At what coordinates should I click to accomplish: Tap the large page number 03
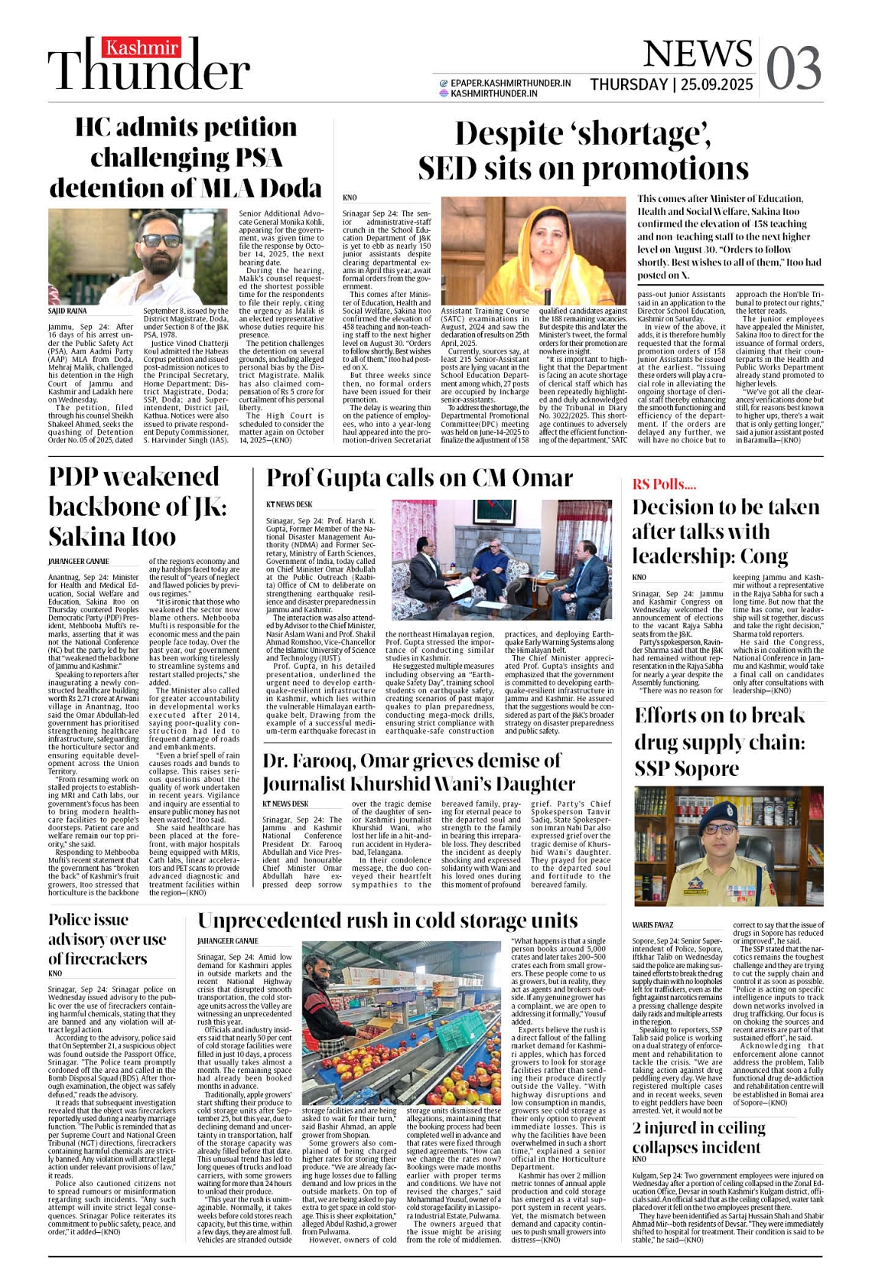click(793, 69)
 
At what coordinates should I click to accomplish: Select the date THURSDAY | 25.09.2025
click(671, 84)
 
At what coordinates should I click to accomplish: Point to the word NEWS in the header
click(697, 54)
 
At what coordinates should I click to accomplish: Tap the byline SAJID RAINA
click(68, 311)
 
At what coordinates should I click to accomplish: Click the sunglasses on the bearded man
click(162, 240)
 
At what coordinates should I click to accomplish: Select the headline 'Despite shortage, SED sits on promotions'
click(583, 152)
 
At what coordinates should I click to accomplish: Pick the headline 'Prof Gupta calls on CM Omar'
click(419, 478)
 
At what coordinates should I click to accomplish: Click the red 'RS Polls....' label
click(664, 484)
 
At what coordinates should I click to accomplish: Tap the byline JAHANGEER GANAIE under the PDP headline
click(79, 561)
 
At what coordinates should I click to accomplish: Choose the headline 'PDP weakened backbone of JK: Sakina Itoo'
click(138, 506)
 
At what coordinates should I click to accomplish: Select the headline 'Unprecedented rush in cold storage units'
click(388, 920)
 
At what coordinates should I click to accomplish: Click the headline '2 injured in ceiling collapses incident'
click(699, 1137)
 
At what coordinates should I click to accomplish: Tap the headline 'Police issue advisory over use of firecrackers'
click(107, 939)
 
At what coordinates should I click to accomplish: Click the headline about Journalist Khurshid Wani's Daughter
click(418, 772)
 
